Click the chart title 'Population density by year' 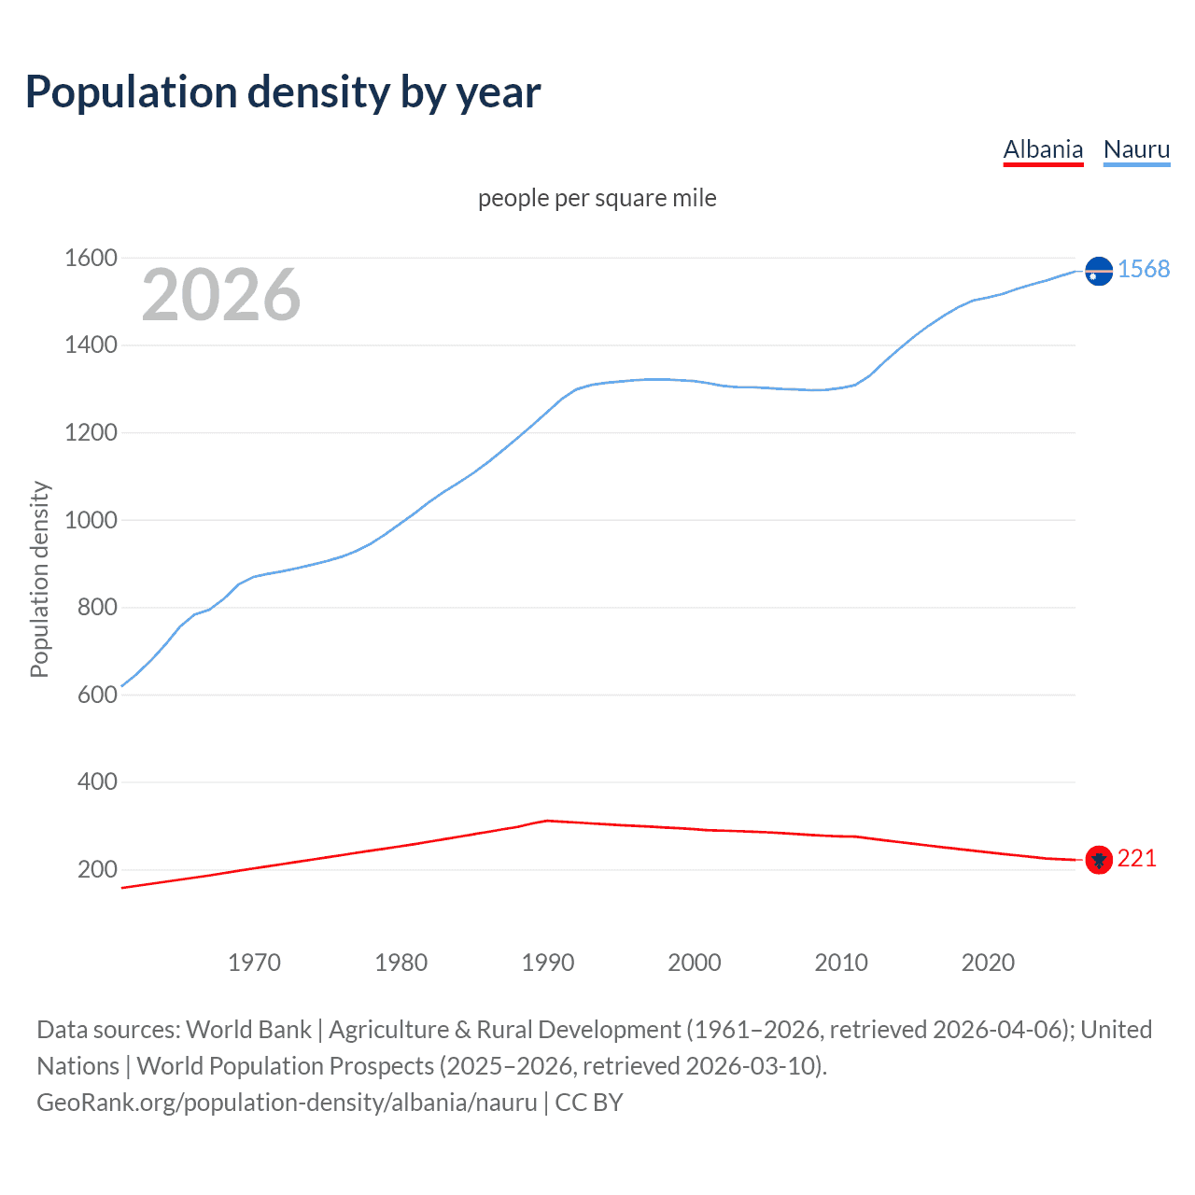pos(283,92)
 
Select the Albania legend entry pos(1043,149)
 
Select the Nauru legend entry pos(1136,149)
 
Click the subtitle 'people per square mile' pos(597,198)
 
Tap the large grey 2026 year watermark pos(221,295)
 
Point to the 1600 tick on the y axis pos(91,258)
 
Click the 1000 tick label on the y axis pos(91,520)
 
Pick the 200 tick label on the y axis pos(97,869)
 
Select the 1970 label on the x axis pos(254,963)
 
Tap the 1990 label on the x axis pos(548,963)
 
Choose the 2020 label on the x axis pos(988,963)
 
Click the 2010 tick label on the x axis pos(841,963)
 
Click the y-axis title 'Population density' pos(39,579)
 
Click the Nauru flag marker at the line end pos(1099,271)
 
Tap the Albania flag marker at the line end pos(1099,860)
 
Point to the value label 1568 pos(1144,269)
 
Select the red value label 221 pos(1137,858)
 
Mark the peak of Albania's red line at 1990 pos(547,821)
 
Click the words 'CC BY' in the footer pos(589,1103)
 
